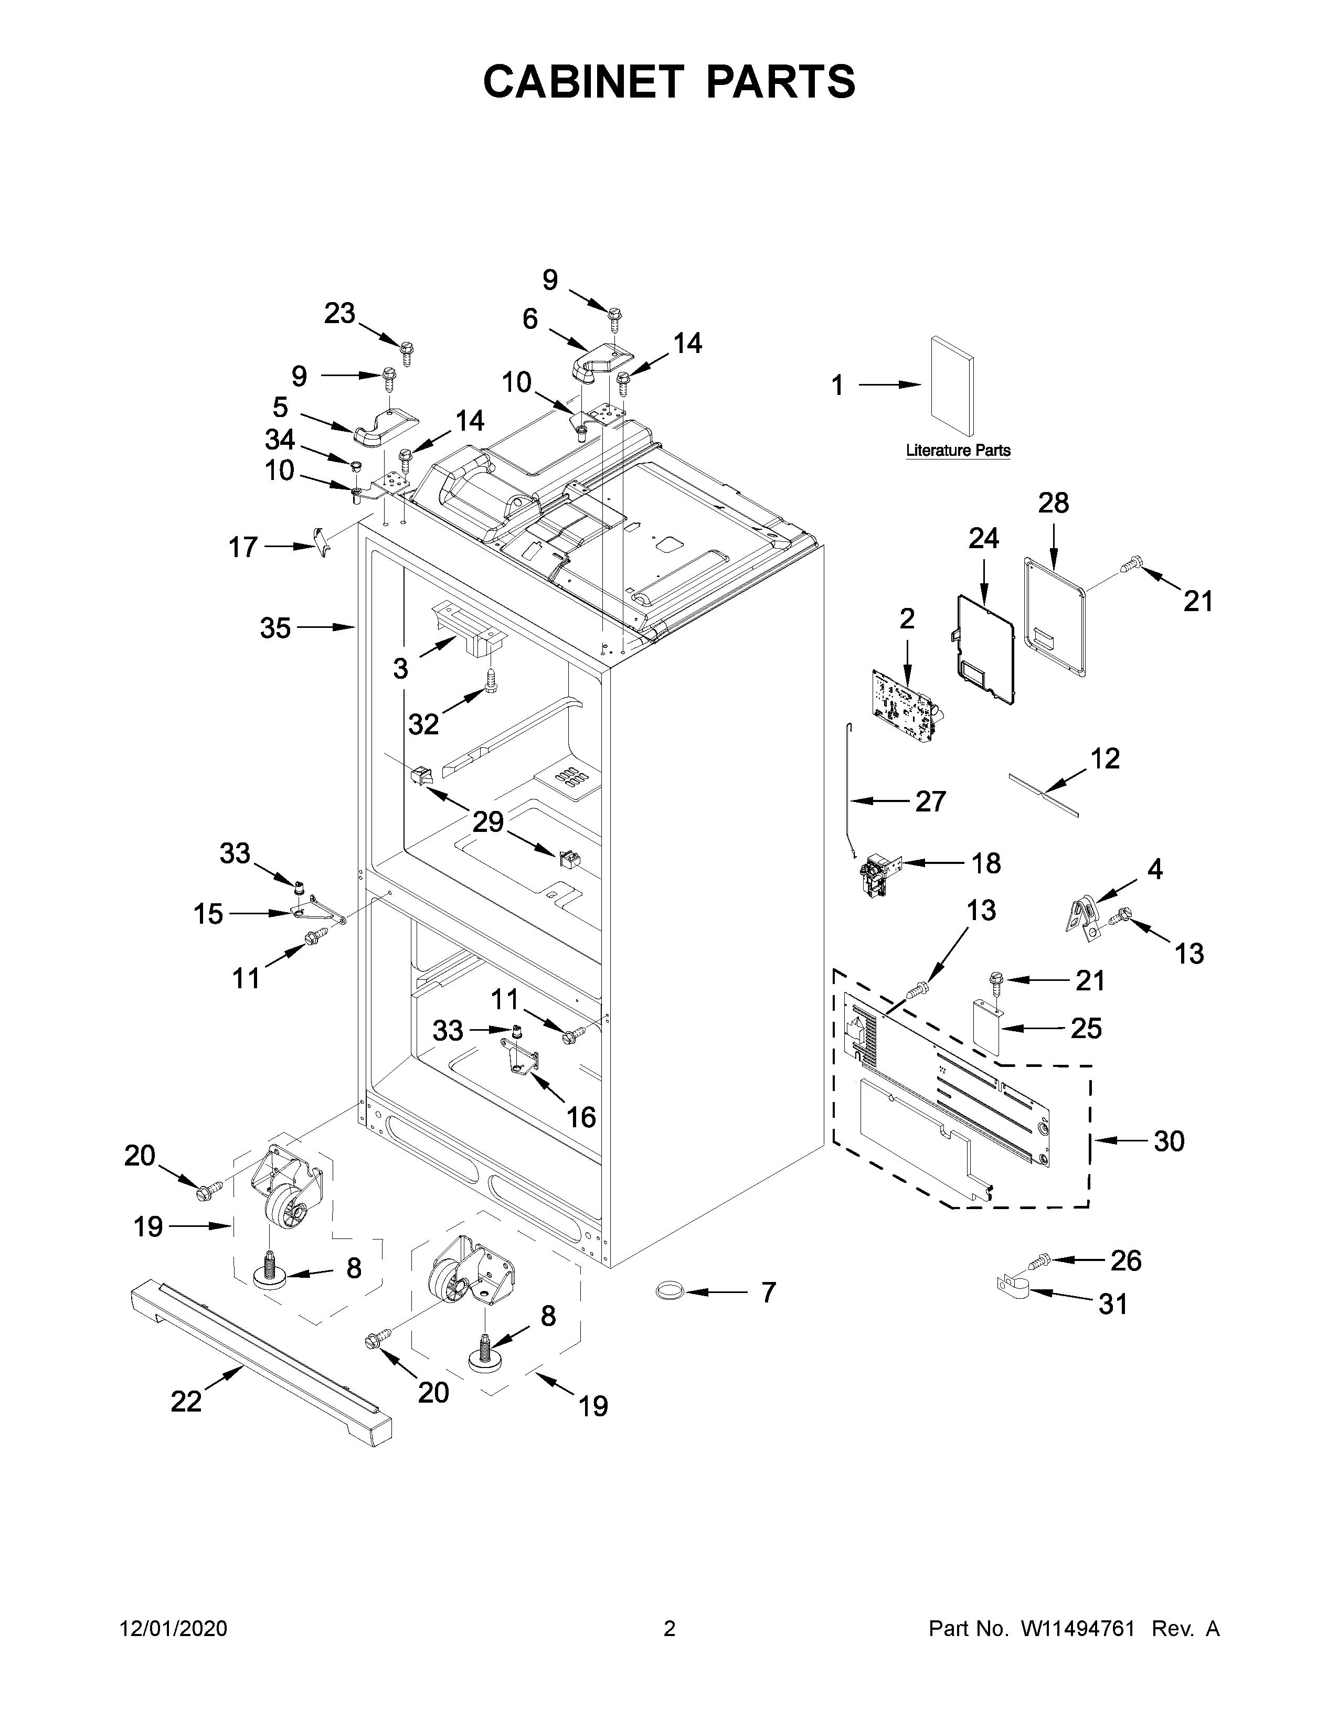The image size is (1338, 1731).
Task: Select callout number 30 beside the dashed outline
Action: [1169, 1141]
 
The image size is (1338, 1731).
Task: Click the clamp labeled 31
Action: [1012, 1290]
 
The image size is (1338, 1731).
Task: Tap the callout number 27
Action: [931, 802]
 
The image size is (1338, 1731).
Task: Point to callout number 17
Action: [243, 547]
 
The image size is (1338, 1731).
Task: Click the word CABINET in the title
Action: [582, 82]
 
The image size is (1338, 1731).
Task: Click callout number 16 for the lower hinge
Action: [581, 1117]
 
